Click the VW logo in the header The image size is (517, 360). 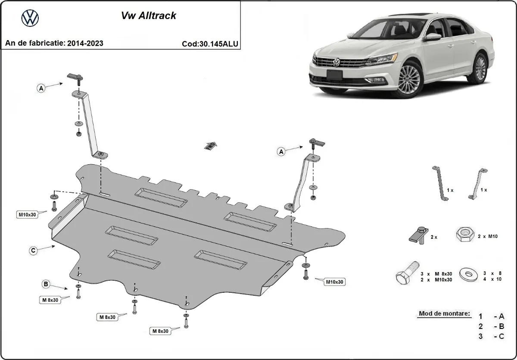(x=30, y=18)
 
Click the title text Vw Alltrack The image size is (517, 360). (x=147, y=16)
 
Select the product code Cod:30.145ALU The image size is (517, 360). (x=211, y=44)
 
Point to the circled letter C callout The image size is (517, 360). (x=33, y=250)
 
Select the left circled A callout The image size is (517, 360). (x=41, y=88)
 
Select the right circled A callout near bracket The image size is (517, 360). (x=281, y=151)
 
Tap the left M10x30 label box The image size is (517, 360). (x=27, y=214)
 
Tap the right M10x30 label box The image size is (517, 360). (x=335, y=282)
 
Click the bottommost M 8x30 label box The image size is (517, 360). (x=160, y=331)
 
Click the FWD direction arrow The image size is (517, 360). (x=210, y=145)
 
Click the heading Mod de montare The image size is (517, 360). (x=444, y=314)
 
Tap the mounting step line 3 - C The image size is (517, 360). (x=491, y=336)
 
